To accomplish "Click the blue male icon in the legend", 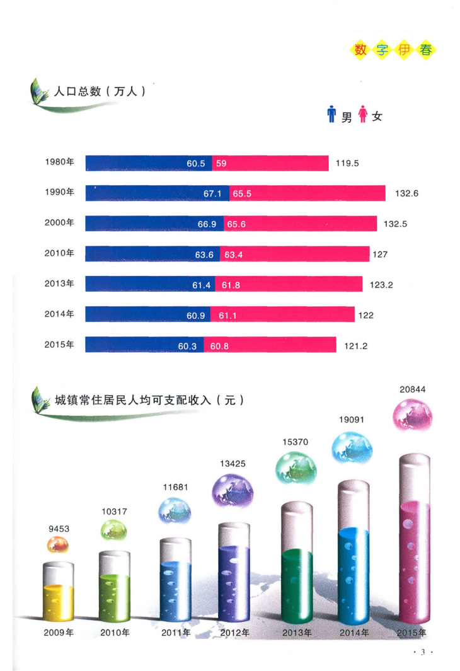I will click(331, 115).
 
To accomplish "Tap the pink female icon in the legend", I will click(362, 115).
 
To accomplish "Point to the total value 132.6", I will click(406, 193).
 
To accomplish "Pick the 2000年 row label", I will click(60, 222).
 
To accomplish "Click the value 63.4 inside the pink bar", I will click(234, 254).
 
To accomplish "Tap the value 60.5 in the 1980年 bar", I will click(196, 164).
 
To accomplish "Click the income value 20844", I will click(413, 389).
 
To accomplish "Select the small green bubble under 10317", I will click(114, 531).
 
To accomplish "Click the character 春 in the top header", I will click(426, 51).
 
